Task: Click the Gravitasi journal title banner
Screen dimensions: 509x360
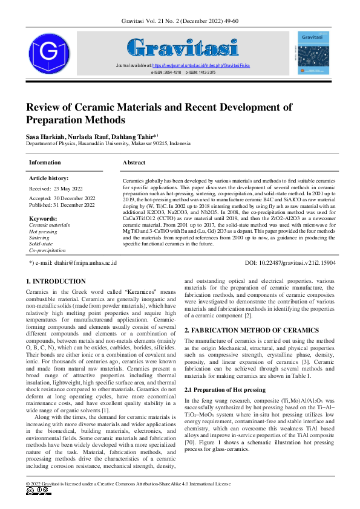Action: pyautogui.click(x=182, y=47)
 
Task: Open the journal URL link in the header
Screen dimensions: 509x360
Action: pyautogui.click(x=200, y=65)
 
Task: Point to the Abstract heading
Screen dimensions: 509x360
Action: pyautogui.click(x=134, y=163)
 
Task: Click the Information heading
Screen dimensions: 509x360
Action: pyautogui.click(x=45, y=163)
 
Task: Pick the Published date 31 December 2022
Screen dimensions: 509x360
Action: pyautogui.click(x=62, y=205)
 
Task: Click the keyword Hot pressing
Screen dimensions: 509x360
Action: pyautogui.click(x=43, y=232)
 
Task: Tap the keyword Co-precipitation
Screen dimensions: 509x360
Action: pyautogui.click(x=47, y=250)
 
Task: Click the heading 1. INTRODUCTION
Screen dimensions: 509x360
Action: pyautogui.click(x=56, y=281)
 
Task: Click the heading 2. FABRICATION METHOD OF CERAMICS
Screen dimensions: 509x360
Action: pyautogui.click(x=251, y=330)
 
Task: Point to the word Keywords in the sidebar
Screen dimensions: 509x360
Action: pyautogui.click(x=43, y=218)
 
